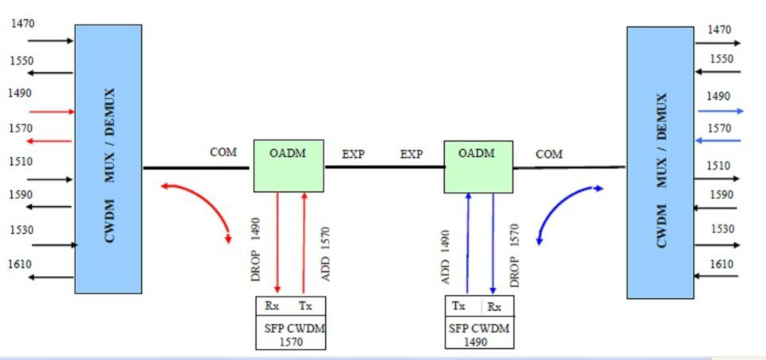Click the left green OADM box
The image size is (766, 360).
tap(289, 166)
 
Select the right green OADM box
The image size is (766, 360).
tap(478, 167)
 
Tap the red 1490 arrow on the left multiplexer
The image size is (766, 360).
tap(52, 112)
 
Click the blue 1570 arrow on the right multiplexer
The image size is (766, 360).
tap(718, 140)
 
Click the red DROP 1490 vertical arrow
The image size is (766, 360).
tap(278, 243)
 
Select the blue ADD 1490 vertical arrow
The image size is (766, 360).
tap(468, 243)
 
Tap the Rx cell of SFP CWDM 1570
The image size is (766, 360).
tap(272, 307)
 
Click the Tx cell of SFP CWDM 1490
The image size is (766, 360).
tap(458, 307)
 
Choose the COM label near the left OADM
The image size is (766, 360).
tap(224, 152)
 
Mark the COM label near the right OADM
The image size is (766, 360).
tap(549, 155)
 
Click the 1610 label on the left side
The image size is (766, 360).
tap(20, 264)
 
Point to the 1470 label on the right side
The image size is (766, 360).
tap(719, 30)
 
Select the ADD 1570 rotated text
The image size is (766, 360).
tap(326, 254)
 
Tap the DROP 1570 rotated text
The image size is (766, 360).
tap(515, 255)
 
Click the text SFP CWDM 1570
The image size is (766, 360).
tap(291, 335)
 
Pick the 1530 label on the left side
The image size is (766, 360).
tap(22, 230)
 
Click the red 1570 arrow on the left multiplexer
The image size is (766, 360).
tap(49, 142)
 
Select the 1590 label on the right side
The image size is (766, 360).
tap(722, 195)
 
